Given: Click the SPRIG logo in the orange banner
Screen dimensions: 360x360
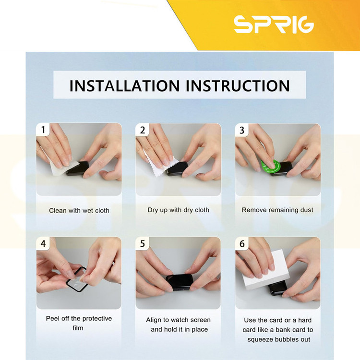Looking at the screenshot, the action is point(274,24).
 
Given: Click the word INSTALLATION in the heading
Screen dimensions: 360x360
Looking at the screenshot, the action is point(125,86).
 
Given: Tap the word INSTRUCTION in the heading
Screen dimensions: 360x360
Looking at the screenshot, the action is point(238,86).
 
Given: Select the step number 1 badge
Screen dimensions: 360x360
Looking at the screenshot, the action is point(43,130).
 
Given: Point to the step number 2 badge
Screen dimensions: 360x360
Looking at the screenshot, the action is point(143,130).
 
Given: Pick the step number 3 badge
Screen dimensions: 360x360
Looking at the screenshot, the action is point(242,130).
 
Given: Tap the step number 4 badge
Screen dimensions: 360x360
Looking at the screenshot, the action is point(43,243).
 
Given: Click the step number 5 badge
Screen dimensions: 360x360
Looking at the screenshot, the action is point(143,243).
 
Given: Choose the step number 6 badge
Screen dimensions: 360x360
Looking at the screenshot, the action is point(242,244).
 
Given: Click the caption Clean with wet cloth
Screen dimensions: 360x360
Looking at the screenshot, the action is point(79,211).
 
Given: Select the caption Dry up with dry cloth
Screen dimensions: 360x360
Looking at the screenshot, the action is point(179,210).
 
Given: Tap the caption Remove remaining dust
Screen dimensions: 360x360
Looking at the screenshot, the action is point(277,210).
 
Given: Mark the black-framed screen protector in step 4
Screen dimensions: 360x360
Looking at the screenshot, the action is point(77,278).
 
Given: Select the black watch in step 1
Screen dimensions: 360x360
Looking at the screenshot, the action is point(78,169).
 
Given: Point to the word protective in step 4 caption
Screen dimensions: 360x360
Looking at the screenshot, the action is point(97,319).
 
